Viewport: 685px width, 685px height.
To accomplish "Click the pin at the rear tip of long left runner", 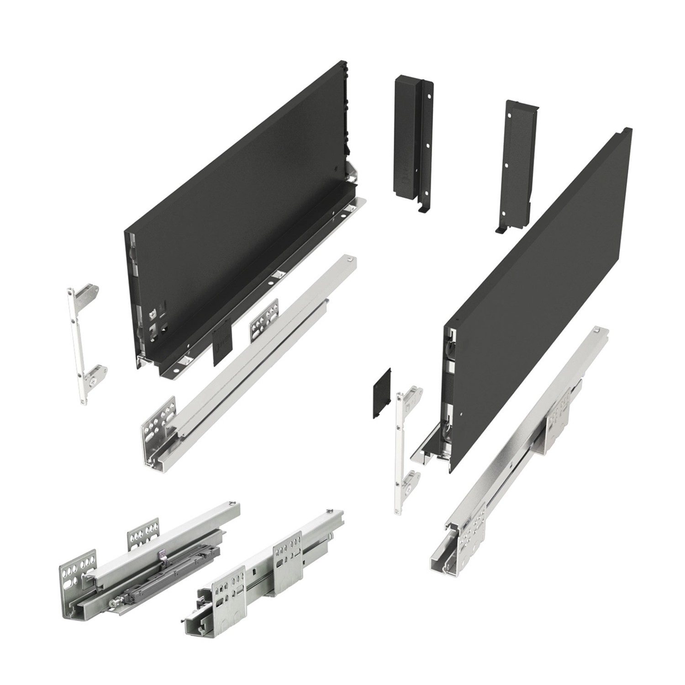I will (350, 260).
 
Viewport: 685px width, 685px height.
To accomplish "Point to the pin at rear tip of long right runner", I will (596, 330).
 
